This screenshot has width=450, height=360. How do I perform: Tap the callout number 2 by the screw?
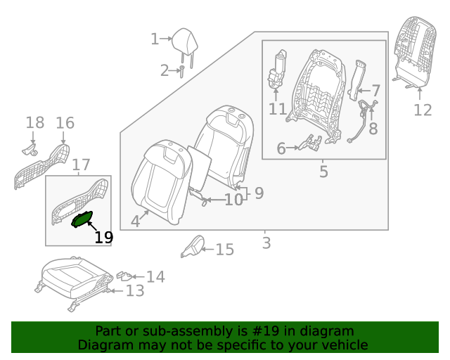point(164,70)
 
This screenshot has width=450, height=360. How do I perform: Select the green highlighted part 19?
point(82,220)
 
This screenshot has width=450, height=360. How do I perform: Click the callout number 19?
point(103,238)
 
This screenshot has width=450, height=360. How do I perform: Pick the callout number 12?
point(422,110)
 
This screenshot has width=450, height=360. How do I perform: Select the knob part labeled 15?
point(193,245)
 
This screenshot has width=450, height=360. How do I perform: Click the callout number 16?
point(65,123)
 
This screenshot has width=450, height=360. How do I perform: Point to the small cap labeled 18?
point(29,148)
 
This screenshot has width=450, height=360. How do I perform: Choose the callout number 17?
point(81,165)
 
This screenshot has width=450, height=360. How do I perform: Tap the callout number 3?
point(266,243)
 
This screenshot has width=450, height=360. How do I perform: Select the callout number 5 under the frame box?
point(323,172)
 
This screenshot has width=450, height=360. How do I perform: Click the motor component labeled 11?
point(278,70)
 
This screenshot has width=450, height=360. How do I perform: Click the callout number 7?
point(375,91)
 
